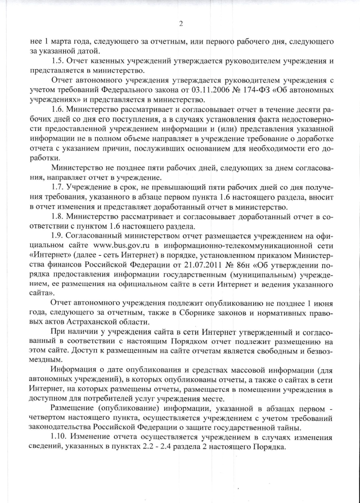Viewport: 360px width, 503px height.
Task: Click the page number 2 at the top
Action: [x=181, y=24]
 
